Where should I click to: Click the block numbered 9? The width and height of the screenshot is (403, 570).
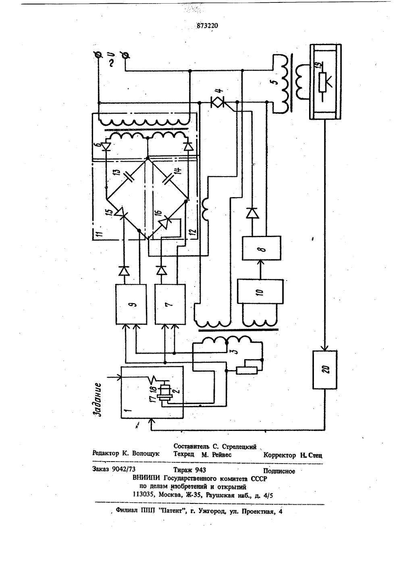pos(131,304)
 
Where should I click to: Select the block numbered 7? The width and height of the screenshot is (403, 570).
pos(170,304)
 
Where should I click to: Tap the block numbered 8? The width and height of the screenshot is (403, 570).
pos(262,248)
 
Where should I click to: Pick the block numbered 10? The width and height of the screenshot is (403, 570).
pos(260,291)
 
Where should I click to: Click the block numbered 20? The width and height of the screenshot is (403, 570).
pos(325,370)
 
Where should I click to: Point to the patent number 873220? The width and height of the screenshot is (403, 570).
pos(207,25)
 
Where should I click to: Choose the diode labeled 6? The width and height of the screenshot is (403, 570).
pos(106,147)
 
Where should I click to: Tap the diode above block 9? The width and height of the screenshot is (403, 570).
pos(124,270)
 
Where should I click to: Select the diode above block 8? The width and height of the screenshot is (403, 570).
pos(252,213)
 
